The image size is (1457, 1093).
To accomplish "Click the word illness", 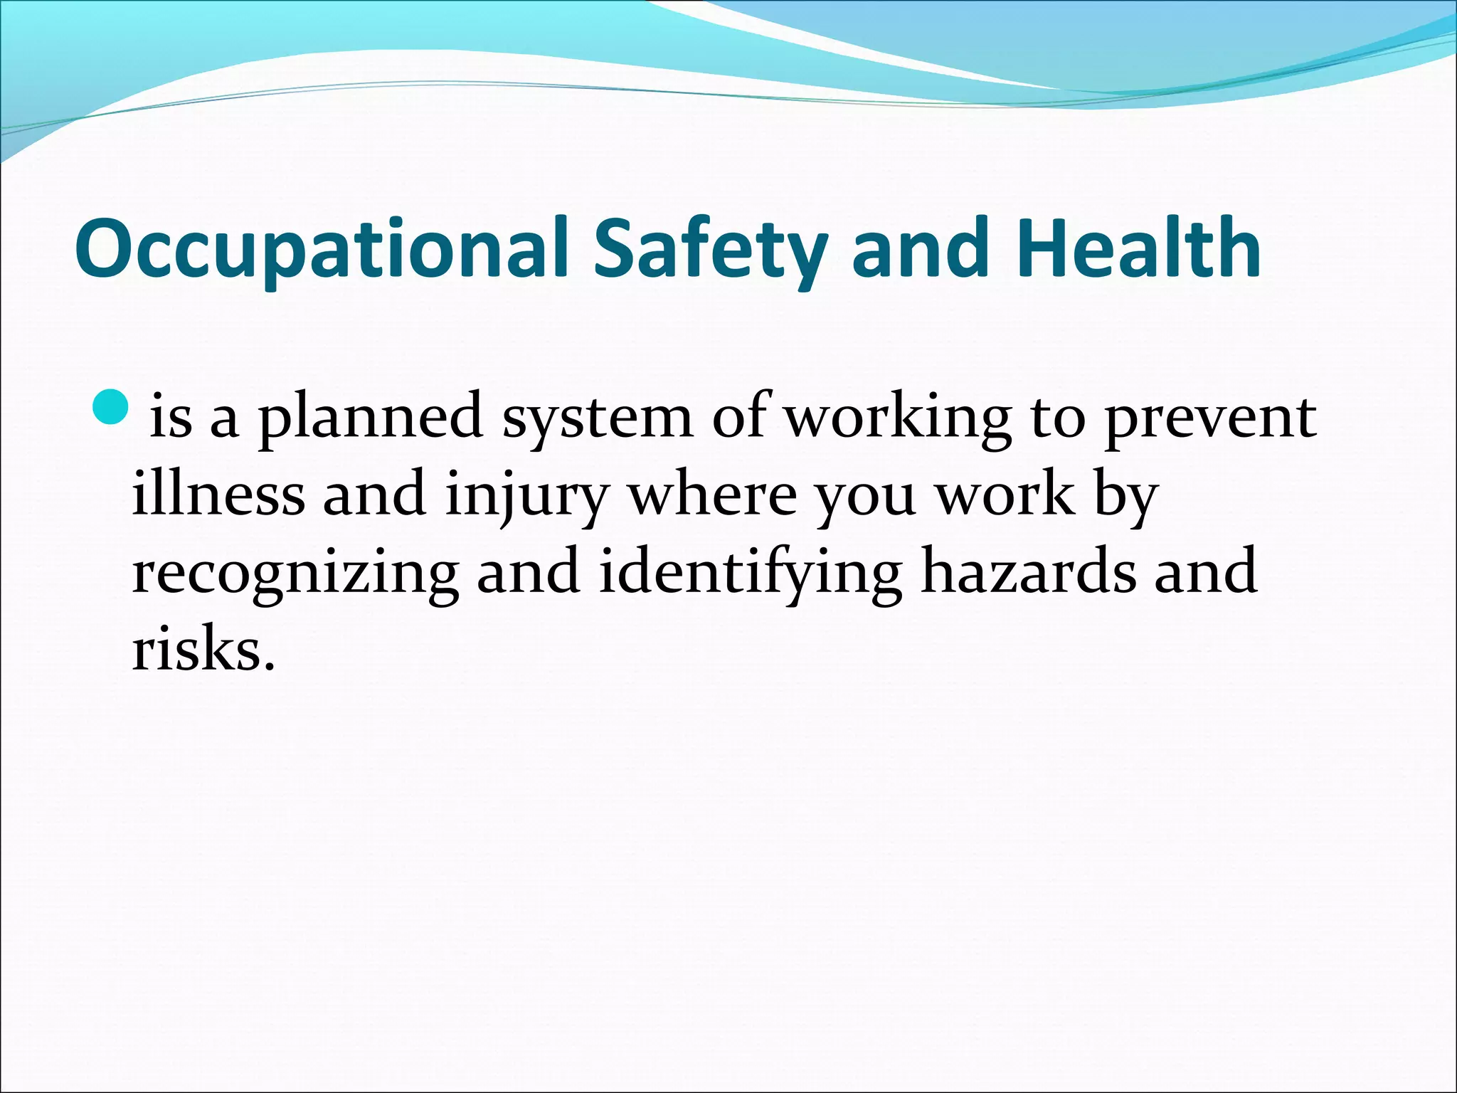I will [x=218, y=494].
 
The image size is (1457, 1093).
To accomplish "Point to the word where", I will [x=711, y=494].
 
